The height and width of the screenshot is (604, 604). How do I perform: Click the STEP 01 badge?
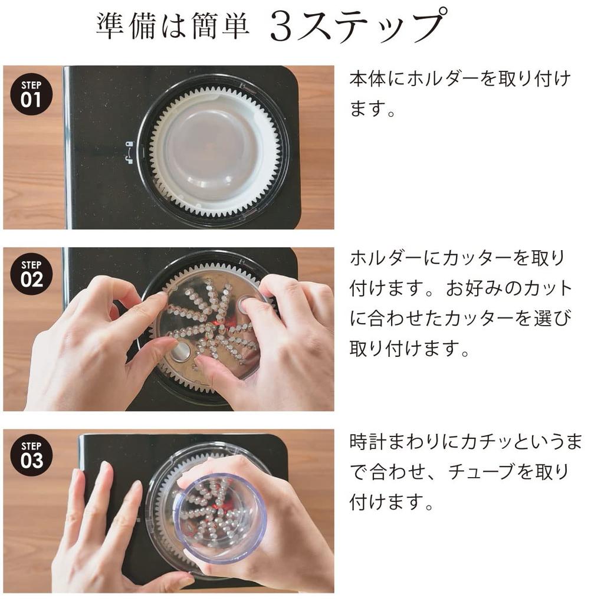coord(31,94)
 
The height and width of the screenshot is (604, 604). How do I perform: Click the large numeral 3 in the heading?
coord(281,27)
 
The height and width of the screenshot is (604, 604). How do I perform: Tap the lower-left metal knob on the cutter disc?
coord(180,352)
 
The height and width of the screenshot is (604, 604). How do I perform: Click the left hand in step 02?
coord(88,348)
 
